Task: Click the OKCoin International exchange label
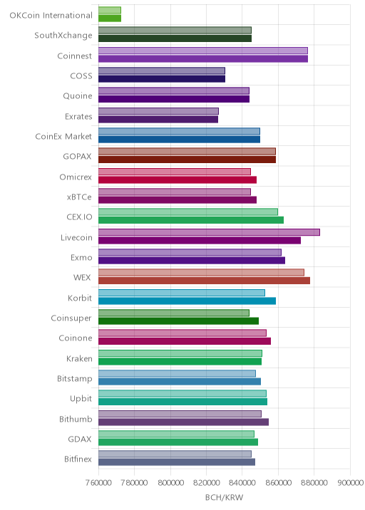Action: (51, 15)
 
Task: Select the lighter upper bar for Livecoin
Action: (209, 232)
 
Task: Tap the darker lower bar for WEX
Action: (204, 281)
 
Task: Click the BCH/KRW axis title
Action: (224, 497)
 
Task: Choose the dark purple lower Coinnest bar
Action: (203, 59)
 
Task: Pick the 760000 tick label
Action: (98, 482)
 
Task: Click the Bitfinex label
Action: (78, 459)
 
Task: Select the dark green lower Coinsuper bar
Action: (178, 321)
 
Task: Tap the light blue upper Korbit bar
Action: (182, 293)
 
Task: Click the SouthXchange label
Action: (63, 36)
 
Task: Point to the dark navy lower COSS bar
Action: (162, 79)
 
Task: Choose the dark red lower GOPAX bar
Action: (187, 160)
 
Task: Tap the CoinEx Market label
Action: (63, 136)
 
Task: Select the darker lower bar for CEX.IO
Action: (191, 220)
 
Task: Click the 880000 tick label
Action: (314, 482)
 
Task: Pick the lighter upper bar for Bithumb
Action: (180, 414)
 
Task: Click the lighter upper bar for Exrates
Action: (158, 111)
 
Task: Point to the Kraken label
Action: (79, 358)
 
